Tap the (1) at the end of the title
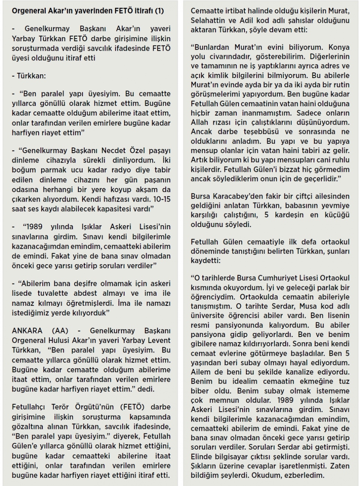click(x=159, y=11)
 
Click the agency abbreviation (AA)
click(x=60, y=331)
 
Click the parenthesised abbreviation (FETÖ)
click(x=132, y=407)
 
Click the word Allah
click(x=199, y=122)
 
